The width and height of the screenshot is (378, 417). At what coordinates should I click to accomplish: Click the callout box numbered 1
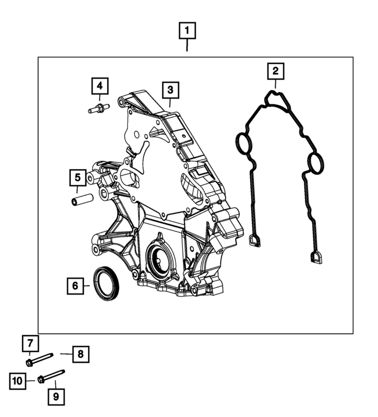tap(187, 30)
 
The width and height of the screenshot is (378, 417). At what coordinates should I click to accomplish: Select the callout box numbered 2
tap(276, 71)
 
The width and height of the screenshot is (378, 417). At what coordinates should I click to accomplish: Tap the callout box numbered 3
tap(171, 90)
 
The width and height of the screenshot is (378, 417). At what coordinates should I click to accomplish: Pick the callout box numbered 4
tap(100, 86)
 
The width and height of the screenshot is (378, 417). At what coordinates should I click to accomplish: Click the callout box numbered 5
tap(78, 178)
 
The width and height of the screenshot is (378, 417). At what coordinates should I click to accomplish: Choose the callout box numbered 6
tap(75, 286)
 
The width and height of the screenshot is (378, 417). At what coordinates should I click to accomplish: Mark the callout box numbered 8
tap(81, 354)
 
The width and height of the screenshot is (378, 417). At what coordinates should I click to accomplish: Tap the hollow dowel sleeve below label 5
tap(83, 199)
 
